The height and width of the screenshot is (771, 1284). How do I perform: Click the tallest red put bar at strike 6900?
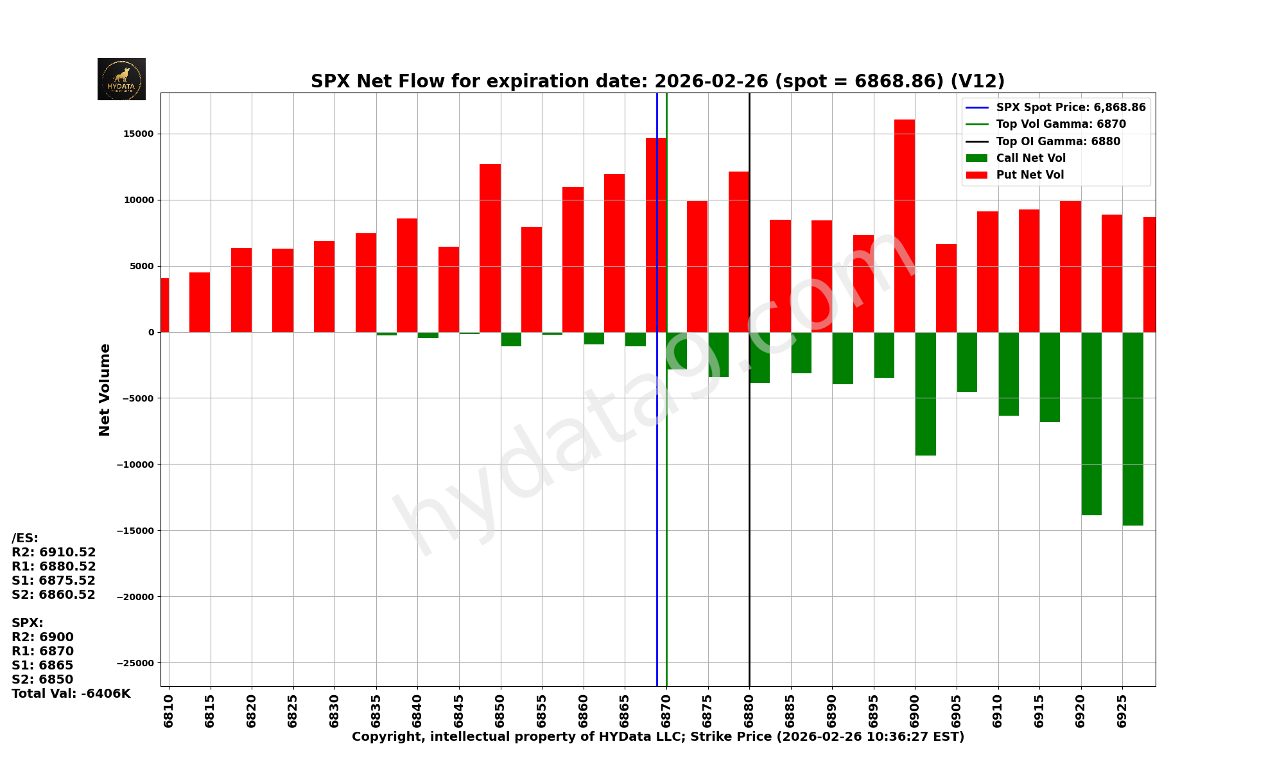pos(905,225)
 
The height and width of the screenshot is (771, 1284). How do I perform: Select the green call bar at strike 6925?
pos(1132,429)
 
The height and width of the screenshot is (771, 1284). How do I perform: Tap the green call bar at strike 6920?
pos(1091,423)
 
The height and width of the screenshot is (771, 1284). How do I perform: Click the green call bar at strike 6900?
pos(925,394)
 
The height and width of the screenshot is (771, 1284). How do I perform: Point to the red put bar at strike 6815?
pos(200,302)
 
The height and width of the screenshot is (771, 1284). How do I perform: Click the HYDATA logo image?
pos(121,79)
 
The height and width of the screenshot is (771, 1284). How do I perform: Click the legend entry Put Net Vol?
pos(1030,175)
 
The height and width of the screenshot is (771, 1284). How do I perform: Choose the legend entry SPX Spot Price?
pos(1070,107)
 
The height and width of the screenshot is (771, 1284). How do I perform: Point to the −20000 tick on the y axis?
pos(135,597)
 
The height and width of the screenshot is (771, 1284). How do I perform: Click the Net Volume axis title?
pos(105,389)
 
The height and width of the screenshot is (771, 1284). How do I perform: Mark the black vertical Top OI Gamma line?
pos(749,514)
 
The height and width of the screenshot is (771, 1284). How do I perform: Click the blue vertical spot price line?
pos(657,514)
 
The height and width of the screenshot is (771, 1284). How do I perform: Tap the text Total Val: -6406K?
pos(71,693)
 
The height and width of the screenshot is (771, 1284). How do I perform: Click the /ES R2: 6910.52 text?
pos(54,552)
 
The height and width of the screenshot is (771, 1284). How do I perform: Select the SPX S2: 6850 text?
pos(42,679)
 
